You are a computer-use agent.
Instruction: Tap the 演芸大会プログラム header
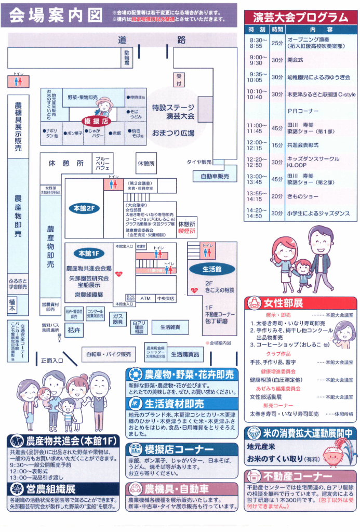(x=301, y=17)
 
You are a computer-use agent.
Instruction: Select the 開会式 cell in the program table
(x=295, y=60)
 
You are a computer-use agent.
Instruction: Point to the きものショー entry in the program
(x=302, y=196)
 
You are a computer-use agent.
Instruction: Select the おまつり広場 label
(x=173, y=134)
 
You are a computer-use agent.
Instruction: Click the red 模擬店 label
(x=98, y=120)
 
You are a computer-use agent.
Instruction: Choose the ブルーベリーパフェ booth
(x=102, y=163)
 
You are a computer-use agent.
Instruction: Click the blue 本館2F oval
(x=84, y=208)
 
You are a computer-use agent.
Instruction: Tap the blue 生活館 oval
(x=211, y=269)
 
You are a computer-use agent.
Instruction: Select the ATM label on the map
(x=145, y=299)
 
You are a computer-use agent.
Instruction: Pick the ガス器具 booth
(x=117, y=319)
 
